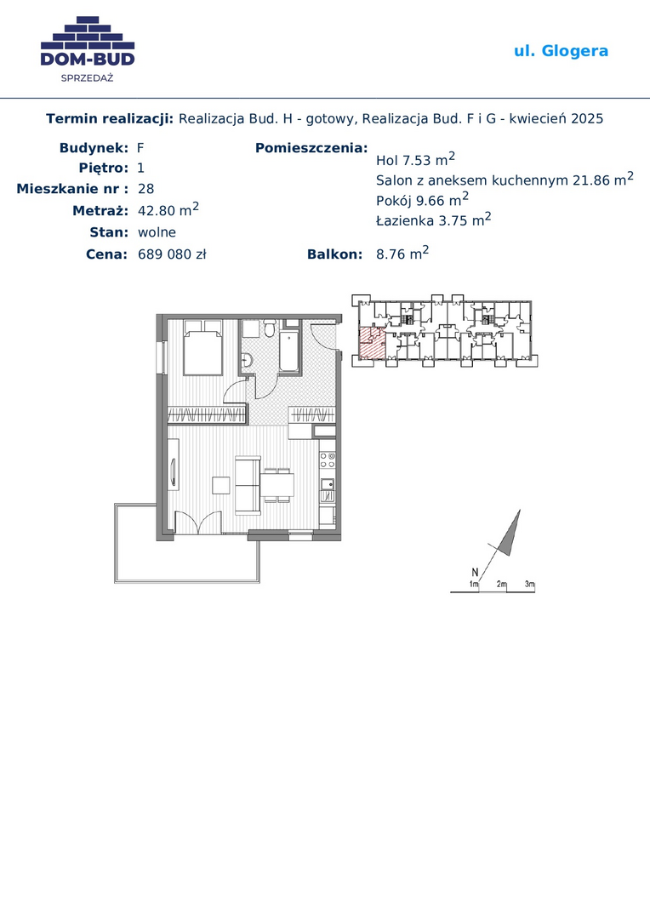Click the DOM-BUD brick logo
[88, 49]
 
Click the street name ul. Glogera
[561, 51]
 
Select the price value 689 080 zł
[172, 254]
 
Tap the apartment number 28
[146, 189]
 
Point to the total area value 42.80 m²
[168, 209]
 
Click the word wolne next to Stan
[157, 232]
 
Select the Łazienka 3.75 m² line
[434, 220]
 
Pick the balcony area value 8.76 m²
[402, 254]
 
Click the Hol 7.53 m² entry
[415, 159]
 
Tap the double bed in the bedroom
[202, 347]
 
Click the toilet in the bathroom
[270, 328]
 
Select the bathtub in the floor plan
[289, 351]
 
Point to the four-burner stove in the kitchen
[327, 460]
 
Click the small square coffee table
[221, 486]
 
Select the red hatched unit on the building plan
[372, 343]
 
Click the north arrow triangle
[510, 534]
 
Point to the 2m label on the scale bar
[502, 585]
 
